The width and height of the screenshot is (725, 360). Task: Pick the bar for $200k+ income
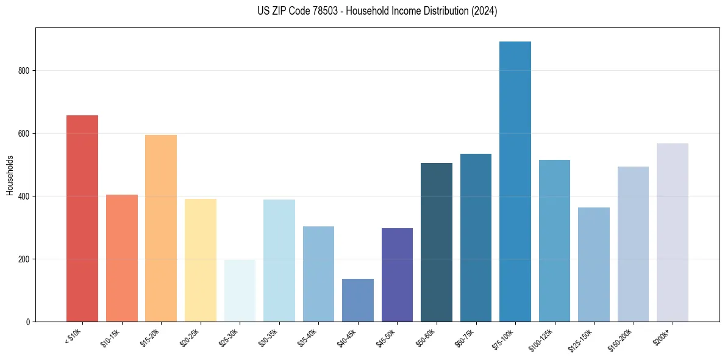[673, 232]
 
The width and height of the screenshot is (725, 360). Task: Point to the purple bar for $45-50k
[397, 275]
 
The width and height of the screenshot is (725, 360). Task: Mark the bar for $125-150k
[594, 265]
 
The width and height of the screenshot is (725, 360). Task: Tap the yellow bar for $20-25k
[201, 260]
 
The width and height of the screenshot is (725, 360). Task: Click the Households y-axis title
[10, 175]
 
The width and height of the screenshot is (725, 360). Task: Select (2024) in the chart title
[484, 11]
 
